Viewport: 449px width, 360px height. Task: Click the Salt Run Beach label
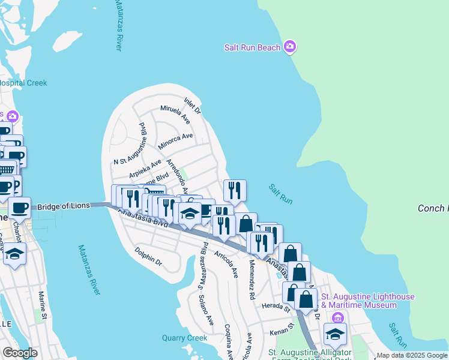point(252,47)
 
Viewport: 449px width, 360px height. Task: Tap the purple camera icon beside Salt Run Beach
point(290,46)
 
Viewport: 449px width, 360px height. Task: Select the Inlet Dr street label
point(193,106)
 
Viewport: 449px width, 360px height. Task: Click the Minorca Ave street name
point(175,140)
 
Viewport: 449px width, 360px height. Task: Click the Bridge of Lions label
point(63,206)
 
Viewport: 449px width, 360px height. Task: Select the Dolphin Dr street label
point(148,257)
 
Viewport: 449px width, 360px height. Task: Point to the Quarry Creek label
point(184,338)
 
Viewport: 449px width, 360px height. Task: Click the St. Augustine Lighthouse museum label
point(368,301)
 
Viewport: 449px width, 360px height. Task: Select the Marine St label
point(43,305)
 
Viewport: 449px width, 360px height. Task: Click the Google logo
point(20,353)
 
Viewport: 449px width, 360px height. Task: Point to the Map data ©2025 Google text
point(411,355)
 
